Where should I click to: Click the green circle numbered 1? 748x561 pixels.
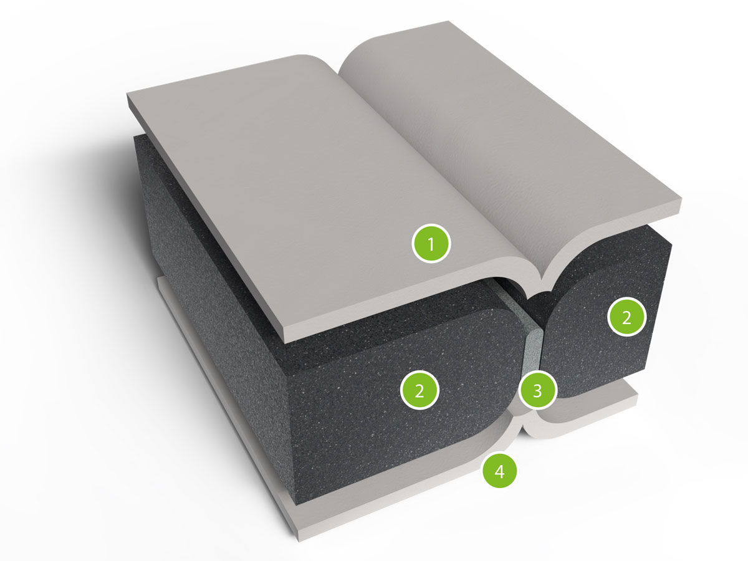(431, 243)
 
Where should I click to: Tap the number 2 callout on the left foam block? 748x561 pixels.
(420, 390)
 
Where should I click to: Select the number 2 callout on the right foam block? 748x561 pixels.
(626, 317)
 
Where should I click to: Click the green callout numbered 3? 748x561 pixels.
(537, 390)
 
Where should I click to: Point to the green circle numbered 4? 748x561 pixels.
(499, 471)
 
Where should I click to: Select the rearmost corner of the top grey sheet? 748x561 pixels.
(450, 21)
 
